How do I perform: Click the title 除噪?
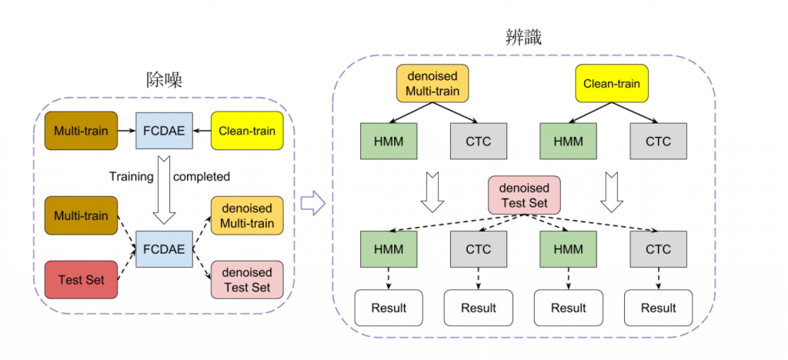(x=164, y=81)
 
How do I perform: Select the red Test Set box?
(x=82, y=280)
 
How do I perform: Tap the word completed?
(x=202, y=176)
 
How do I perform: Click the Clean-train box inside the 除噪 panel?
(x=246, y=131)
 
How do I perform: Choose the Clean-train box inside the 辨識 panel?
(x=612, y=84)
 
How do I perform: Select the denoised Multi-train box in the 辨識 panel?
(x=432, y=84)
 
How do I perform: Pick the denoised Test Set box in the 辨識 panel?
(x=524, y=195)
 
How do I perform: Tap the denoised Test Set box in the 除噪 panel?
(x=246, y=280)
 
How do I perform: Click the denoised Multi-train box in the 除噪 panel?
(x=246, y=215)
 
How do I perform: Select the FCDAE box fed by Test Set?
(x=164, y=248)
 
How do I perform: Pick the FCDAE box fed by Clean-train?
(x=164, y=131)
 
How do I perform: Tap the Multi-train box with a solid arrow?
(x=82, y=131)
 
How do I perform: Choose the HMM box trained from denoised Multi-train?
(x=389, y=142)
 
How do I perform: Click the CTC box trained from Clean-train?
(x=658, y=142)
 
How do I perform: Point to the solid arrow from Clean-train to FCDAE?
(x=202, y=132)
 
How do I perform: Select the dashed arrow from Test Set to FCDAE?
(x=127, y=264)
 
